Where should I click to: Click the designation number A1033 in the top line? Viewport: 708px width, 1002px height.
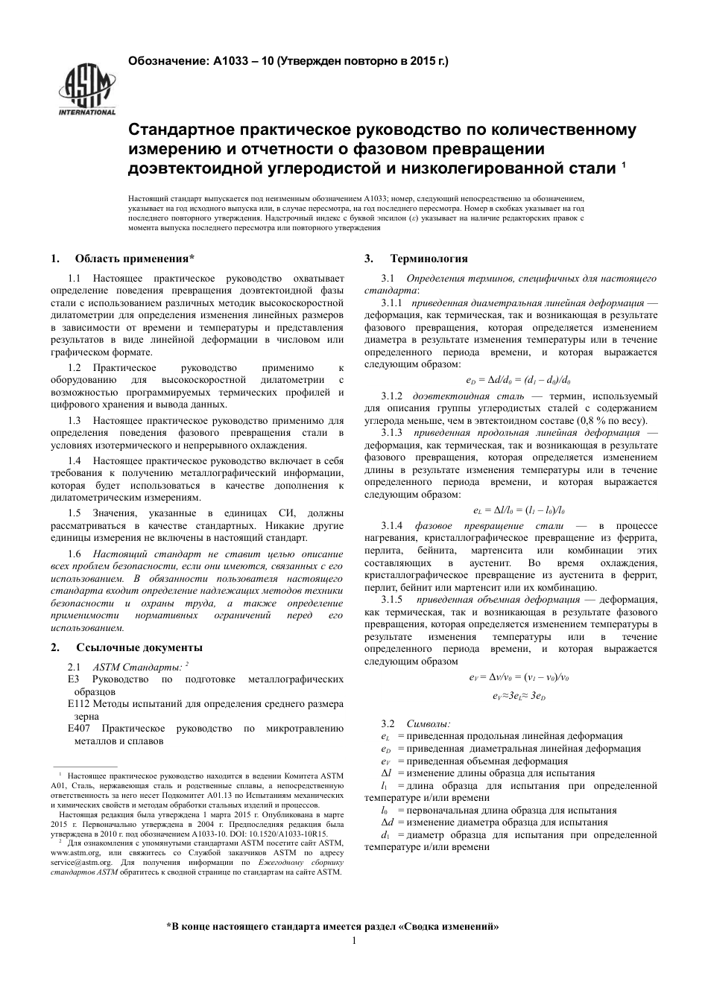pyautogui.click(x=232, y=61)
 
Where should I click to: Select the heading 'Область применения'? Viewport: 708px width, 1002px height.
pyautogui.click(x=134, y=259)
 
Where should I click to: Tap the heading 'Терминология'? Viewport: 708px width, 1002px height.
pyautogui.click(x=429, y=259)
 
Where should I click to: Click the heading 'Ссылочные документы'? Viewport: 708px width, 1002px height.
pyautogui.click(x=139, y=647)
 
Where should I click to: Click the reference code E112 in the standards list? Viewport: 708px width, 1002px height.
pyautogui.click(x=78, y=703)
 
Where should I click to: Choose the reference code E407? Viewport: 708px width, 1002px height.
pyautogui.click(x=78, y=729)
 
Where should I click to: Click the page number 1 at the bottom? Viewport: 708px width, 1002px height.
pyautogui.click(x=354, y=940)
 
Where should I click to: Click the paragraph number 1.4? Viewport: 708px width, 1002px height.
pyautogui.click(x=74, y=461)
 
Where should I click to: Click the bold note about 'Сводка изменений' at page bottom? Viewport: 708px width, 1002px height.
pyautogui.click(x=332, y=927)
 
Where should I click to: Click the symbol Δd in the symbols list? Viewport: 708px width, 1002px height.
pyautogui.click(x=387, y=822)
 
